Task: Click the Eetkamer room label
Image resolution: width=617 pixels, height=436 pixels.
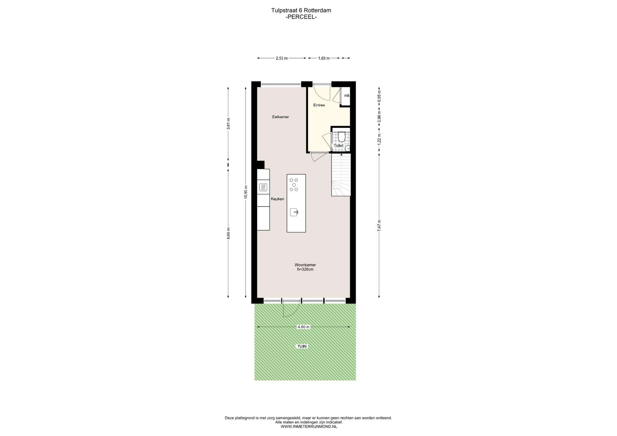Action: (x=281, y=117)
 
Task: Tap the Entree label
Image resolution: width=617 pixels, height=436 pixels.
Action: (x=319, y=105)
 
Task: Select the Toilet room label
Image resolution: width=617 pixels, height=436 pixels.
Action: (x=338, y=146)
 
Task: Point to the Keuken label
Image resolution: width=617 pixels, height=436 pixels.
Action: (x=277, y=199)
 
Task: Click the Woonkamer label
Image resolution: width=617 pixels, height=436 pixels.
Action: (x=305, y=265)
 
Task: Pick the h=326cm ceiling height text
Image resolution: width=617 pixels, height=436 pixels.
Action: (x=305, y=270)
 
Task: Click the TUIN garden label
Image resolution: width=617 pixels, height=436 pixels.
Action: (x=302, y=346)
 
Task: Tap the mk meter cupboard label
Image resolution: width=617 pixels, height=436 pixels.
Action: (x=347, y=96)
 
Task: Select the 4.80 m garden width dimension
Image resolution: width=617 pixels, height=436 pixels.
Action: (x=303, y=327)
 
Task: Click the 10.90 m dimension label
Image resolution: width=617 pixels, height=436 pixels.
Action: (x=246, y=192)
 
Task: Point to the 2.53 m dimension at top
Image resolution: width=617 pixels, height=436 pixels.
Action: (x=282, y=58)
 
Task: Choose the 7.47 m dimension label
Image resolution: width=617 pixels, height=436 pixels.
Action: (x=379, y=226)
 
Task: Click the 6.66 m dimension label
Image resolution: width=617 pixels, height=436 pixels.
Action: (x=228, y=233)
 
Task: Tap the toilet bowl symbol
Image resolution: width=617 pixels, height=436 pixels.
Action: (x=342, y=136)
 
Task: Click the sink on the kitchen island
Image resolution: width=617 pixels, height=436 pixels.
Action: (x=294, y=212)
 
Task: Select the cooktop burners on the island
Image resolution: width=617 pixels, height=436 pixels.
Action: (x=294, y=185)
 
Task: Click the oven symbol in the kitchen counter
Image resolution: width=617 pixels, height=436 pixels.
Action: (x=263, y=187)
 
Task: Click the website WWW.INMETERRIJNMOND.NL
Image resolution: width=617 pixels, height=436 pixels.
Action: (x=309, y=427)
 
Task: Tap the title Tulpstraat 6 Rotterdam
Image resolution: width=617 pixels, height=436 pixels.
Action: (x=301, y=10)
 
